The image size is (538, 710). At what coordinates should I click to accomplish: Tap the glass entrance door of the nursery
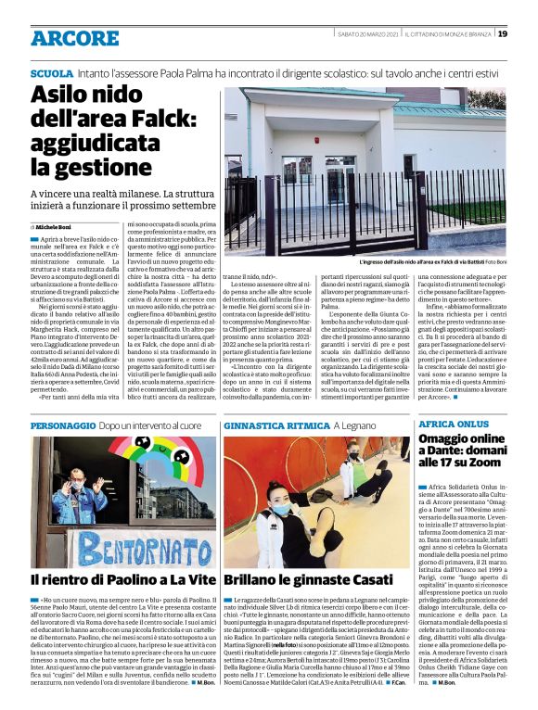pyautogui.click(x=341, y=175)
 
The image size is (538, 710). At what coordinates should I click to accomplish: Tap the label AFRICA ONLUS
pyautogui.click(x=452, y=423)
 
